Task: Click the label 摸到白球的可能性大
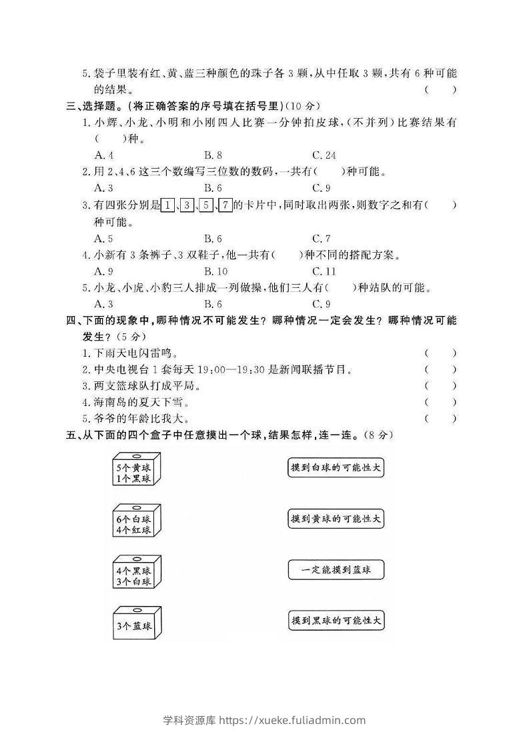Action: pyautogui.click(x=337, y=468)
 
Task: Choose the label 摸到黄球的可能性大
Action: pyautogui.click(x=337, y=518)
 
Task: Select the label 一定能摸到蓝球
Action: pyautogui.click(x=337, y=570)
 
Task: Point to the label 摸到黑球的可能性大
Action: pyautogui.click(x=337, y=621)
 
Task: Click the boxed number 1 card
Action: pyautogui.click(x=169, y=205)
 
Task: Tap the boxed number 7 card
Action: pyautogui.click(x=225, y=205)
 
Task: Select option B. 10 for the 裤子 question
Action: pyautogui.click(x=215, y=271)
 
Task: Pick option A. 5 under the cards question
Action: pyautogui.click(x=104, y=238)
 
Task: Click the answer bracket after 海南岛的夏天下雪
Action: pyautogui.click(x=440, y=402)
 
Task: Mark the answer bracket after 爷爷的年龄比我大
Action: pyautogui.click(x=440, y=419)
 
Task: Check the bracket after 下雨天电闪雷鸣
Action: pyautogui.click(x=440, y=353)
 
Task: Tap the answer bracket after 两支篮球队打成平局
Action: pyautogui.click(x=440, y=386)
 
